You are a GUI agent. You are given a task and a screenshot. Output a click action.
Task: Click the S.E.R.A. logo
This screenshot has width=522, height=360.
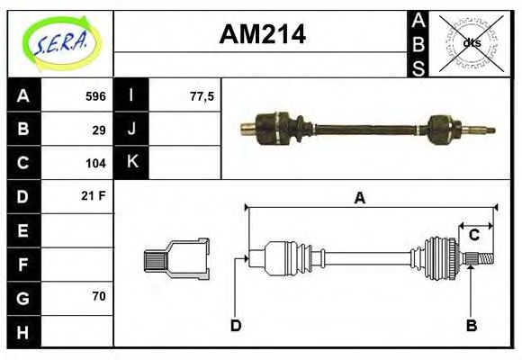(x=60, y=41)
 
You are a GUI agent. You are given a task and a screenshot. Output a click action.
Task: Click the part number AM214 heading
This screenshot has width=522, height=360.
(x=263, y=35)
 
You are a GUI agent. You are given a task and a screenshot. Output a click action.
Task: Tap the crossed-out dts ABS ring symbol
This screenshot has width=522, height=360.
(x=471, y=42)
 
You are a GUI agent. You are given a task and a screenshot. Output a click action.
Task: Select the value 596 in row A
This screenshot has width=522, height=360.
(x=95, y=96)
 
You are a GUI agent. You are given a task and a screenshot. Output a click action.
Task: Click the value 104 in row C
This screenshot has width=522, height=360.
(x=95, y=163)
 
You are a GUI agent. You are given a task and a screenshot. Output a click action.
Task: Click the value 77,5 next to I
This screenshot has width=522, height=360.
(x=202, y=96)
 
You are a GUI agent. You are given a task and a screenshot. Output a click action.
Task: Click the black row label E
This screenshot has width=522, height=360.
(x=22, y=230)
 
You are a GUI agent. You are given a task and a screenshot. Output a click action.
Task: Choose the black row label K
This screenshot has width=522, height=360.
(x=132, y=163)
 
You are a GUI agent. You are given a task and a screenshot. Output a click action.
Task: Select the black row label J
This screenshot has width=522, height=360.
(x=132, y=130)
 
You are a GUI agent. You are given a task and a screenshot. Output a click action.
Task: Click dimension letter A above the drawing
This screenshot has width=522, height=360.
(x=359, y=199)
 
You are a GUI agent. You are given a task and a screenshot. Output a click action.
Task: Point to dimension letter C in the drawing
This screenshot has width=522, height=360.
(x=473, y=236)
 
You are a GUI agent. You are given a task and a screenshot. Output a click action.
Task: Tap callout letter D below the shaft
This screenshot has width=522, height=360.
(x=235, y=325)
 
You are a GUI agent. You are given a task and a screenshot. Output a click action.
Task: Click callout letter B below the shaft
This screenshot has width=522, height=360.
(x=470, y=325)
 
